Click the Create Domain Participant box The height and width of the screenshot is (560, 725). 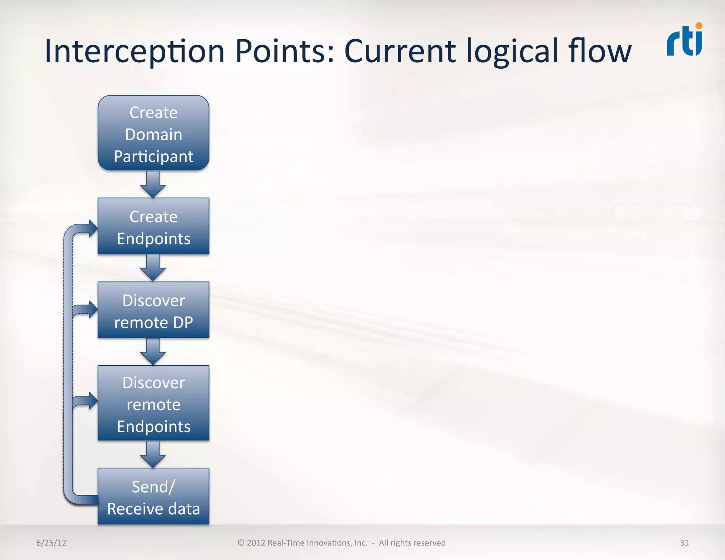153,133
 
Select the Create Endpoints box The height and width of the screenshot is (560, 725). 153,226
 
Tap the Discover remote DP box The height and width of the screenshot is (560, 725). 153,310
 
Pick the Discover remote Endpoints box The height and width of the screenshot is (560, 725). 153,403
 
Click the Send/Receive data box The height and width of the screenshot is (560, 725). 153,496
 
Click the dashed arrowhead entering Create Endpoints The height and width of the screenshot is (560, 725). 92,228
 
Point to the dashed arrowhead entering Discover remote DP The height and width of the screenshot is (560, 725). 92,309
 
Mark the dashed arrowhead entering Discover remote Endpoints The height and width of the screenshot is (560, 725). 92,401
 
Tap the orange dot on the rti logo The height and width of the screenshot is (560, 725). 698,26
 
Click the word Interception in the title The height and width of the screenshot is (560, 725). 135,52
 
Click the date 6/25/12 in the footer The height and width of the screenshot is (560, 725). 51,543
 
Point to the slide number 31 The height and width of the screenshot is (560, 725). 684,543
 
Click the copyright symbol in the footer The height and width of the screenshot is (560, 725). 241,543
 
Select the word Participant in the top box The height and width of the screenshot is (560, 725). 154,156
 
